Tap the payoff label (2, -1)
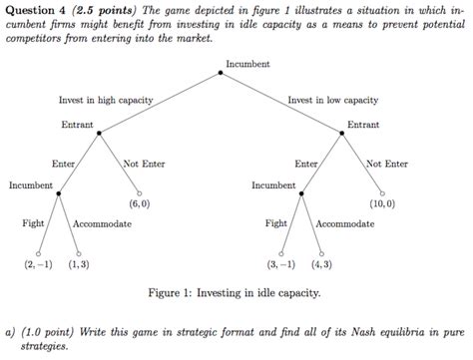coord(39,264)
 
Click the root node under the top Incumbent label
coord(221,73)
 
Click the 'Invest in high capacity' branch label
coord(106,100)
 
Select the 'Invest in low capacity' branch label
coord(333,100)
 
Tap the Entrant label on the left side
coord(77,125)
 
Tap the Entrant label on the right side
coord(363,125)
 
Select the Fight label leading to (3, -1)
coord(276,223)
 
